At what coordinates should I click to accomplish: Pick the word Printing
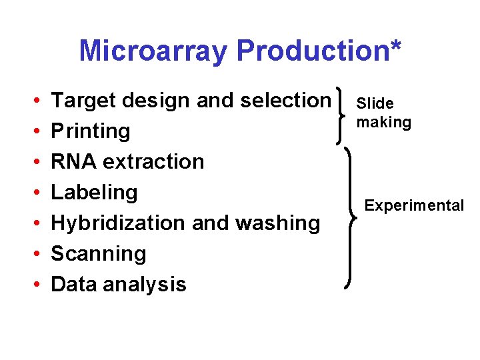coord(91,131)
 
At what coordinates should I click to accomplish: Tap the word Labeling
coord(94,193)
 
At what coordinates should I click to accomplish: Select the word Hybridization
coord(118,223)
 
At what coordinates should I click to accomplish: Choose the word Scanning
coord(98,254)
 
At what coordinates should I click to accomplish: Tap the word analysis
coord(145,285)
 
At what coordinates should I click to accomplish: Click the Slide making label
coord(383,113)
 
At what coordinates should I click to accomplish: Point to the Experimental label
coord(413,205)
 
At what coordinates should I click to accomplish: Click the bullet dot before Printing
coord(35,132)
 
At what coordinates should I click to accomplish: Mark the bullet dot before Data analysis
coord(35,285)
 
